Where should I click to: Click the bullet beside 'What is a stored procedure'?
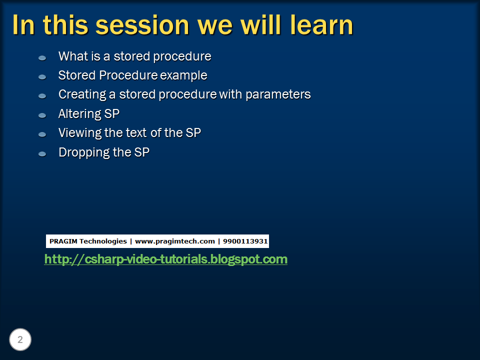[x=42, y=58]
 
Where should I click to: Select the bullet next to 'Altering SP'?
[x=42, y=115]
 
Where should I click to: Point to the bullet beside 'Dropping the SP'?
[x=42, y=153]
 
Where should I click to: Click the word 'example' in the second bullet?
[x=183, y=75]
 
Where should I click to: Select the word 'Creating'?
[x=79, y=94]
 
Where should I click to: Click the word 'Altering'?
[x=79, y=114]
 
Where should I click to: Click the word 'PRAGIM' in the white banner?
[x=63, y=241]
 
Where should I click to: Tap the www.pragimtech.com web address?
[x=174, y=241]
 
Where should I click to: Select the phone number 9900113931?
[x=245, y=241]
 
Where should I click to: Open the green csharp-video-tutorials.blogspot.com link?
[x=165, y=259]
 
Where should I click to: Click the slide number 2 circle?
[x=20, y=340]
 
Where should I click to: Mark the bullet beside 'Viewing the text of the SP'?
[x=42, y=134]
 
